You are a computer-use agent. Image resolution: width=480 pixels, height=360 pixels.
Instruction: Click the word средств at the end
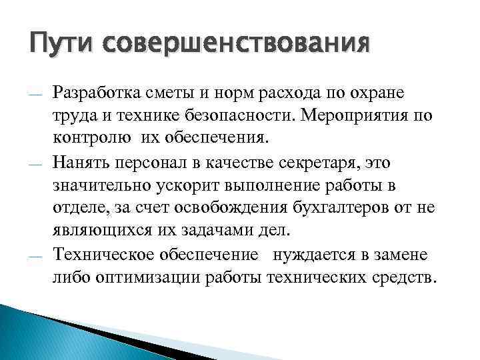click(x=404, y=277)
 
